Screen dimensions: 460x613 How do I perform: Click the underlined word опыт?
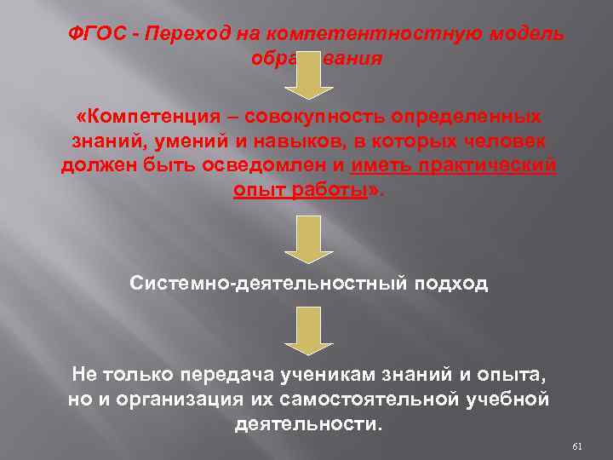click(259, 190)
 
